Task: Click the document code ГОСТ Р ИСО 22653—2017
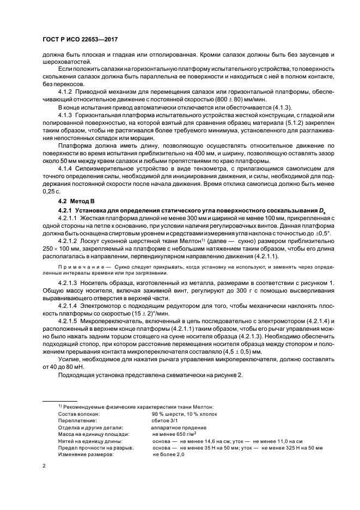[x=82, y=40]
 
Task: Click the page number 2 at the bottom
[x=45, y=466]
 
